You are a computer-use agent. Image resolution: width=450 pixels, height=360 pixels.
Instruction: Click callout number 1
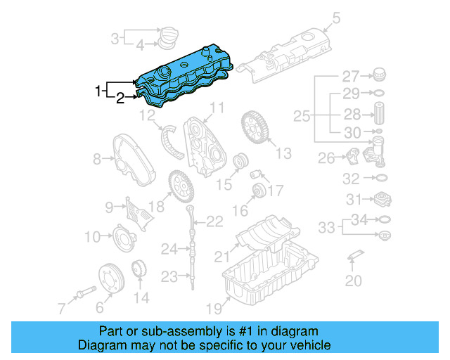(x=98, y=91)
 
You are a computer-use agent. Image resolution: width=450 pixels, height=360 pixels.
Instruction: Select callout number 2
(x=120, y=98)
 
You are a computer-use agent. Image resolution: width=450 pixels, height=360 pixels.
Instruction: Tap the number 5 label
(x=335, y=18)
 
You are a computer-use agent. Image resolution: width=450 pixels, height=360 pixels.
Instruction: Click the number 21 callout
(x=221, y=256)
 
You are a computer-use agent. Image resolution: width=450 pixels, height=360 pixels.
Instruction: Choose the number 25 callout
(x=301, y=115)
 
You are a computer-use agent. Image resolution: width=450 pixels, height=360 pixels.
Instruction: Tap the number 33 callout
(x=326, y=227)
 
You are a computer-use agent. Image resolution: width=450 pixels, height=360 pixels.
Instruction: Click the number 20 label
(x=353, y=281)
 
